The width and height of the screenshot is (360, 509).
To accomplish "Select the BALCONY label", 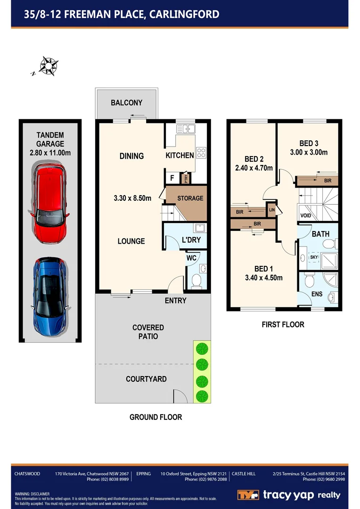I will click(126, 103).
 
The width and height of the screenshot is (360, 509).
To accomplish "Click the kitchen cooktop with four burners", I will click(201, 153).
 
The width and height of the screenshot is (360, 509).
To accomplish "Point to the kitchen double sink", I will click(185, 128).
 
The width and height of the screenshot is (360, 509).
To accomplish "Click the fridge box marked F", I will click(172, 178).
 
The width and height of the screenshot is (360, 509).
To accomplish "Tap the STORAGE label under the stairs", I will click(190, 198).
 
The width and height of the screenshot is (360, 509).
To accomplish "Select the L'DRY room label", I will click(191, 240).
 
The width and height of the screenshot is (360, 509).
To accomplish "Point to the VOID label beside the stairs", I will click(305, 215).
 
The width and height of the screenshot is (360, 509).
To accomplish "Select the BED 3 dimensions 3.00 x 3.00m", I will click(309, 152).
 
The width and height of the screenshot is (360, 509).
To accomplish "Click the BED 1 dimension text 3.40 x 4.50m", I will click(263, 278).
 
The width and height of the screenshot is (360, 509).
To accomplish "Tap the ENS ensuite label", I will click(317, 294).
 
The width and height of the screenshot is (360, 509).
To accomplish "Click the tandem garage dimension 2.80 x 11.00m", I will click(50, 152).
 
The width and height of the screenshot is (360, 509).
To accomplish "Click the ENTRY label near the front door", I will click(175, 301).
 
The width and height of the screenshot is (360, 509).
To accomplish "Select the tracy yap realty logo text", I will click(302, 495).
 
